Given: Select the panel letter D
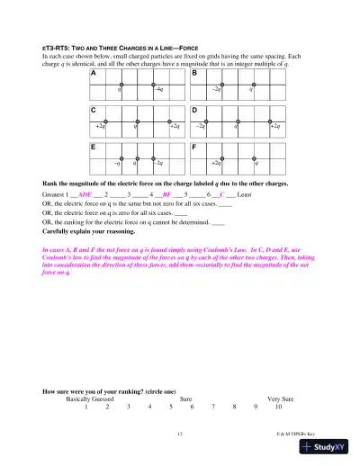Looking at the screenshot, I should tap(195, 110).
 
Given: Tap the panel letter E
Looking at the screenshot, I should tap(94, 146).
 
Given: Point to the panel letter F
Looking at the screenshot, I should tap(195, 146).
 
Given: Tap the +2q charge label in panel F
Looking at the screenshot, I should tap(216, 164).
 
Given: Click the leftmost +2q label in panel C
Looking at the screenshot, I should tap(100, 127).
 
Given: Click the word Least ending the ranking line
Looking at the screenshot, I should tap(244, 193).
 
